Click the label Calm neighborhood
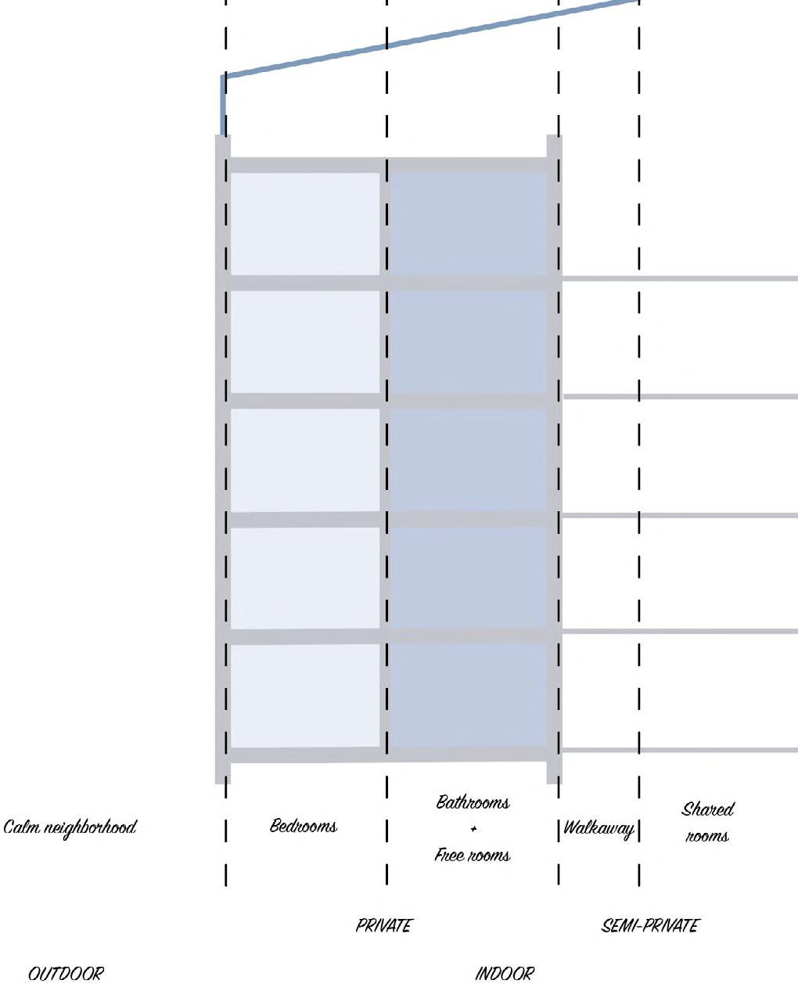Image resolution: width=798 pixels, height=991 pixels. pos(70,827)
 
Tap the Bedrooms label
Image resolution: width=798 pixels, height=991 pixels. pos(304,826)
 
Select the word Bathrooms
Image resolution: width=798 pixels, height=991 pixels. pos(473,802)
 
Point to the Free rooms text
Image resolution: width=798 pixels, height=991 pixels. pos(473,855)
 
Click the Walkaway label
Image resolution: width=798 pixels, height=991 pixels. pos(598,828)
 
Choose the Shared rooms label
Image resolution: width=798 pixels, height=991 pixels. pos(707,822)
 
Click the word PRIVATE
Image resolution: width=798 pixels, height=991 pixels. pos(383,926)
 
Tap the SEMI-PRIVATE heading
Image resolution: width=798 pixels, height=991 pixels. pos(650,926)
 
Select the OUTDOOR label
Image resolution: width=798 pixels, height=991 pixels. pos(66,974)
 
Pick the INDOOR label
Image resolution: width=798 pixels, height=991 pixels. pos(505,974)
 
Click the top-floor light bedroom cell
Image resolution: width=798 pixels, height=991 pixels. pos(304,224)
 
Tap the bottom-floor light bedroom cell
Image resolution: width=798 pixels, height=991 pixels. pos(304,695)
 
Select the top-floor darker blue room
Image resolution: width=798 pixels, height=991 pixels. pos(468,224)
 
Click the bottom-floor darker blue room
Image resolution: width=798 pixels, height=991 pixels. pos(468,695)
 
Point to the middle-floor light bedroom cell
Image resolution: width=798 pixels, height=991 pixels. pos(304,460)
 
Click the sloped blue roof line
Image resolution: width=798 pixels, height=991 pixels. pos(430,38)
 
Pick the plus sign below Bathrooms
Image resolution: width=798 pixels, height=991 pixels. pos(473,829)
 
